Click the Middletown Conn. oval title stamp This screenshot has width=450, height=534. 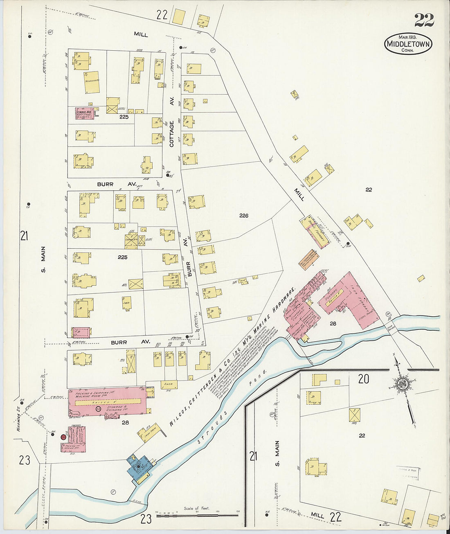coord(408,44)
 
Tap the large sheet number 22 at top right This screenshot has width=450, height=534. coord(424,20)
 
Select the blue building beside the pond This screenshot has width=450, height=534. coord(139,466)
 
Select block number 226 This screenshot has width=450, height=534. coord(244,215)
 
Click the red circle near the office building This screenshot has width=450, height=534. coord(63,437)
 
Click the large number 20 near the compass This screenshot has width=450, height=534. coord(364,379)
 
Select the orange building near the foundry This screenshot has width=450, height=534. coord(309,259)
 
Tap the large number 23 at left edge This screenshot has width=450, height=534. coord(25,460)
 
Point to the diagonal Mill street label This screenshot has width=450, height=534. coord(299,194)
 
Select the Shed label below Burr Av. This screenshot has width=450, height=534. coord(168,384)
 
